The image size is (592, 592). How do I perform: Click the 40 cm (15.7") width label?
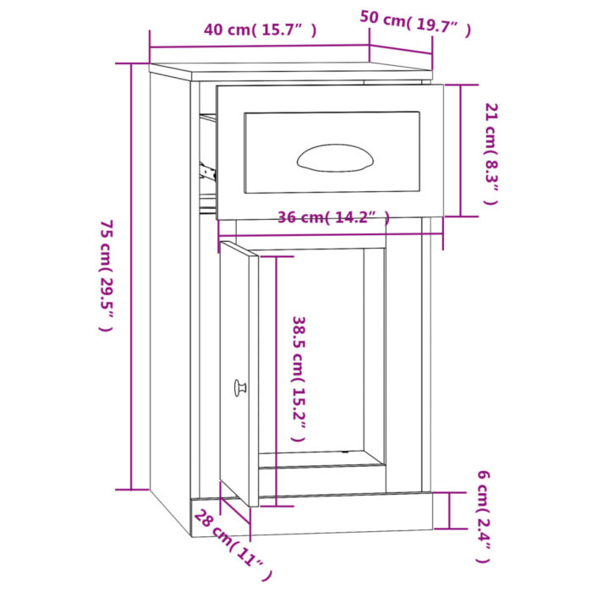pyautogui.click(x=260, y=30)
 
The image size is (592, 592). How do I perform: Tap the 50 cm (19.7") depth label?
pyautogui.click(x=415, y=23)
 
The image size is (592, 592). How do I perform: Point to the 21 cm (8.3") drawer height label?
pyautogui.click(x=491, y=153)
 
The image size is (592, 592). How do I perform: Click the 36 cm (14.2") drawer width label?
pyautogui.click(x=333, y=218)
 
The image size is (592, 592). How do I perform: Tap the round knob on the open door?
pyautogui.click(x=239, y=388)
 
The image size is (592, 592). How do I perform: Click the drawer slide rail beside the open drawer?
pyautogui.click(x=208, y=171)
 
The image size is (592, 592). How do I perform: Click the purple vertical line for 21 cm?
pyautogui.click(x=460, y=150)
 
